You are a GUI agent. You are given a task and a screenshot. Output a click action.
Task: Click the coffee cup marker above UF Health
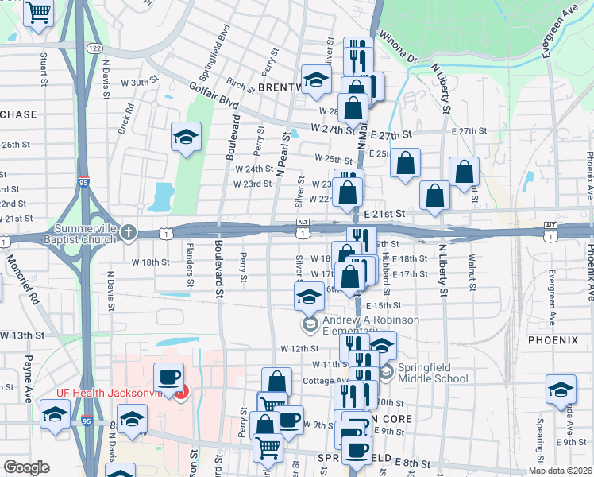pyautogui.click(x=168, y=376)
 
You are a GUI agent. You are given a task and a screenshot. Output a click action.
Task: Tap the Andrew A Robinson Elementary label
pyautogui.click(x=370, y=325)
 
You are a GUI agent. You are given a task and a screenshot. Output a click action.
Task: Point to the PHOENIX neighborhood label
pyautogui.click(x=553, y=340)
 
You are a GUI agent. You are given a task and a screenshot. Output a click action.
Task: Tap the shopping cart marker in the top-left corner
pyautogui.click(x=38, y=12)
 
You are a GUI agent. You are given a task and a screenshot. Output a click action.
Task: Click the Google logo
pyautogui.click(x=25, y=467)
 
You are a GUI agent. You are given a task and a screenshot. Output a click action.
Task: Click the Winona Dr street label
pyautogui.click(x=397, y=48)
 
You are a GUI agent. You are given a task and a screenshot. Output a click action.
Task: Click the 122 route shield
pyautogui.click(x=94, y=48)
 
